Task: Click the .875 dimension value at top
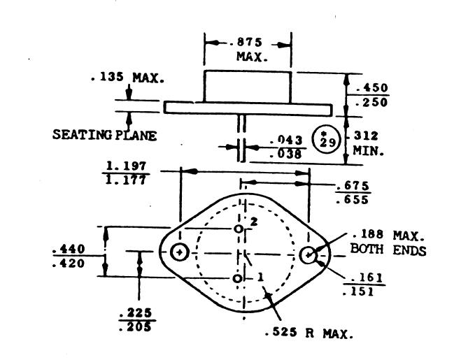[x=247, y=42]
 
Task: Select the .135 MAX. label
[x=127, y=78]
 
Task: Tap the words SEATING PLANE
[x=104, y=136]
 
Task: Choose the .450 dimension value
[x=371, y=89]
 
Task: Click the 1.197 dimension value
[x=127, y=165]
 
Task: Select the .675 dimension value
[x=353, y=186]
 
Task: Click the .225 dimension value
[x=137, y=312]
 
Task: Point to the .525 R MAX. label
[x=309, y=333]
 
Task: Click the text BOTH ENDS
[x=388, y=250]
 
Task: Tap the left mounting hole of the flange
[x=180, y=252]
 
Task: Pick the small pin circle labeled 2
[x=238, y=229]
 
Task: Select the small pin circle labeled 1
[x=238, y=279]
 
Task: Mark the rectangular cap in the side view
[x=247, y=87]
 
